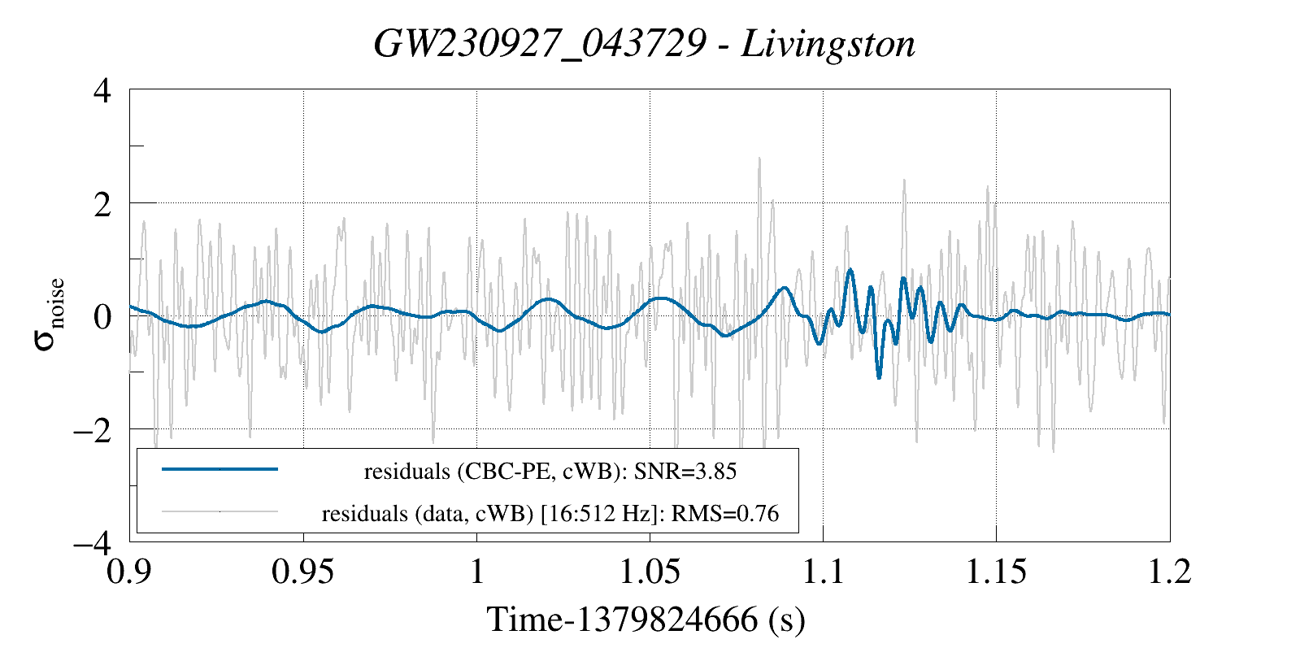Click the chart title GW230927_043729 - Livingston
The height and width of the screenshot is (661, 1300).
coord(644,44)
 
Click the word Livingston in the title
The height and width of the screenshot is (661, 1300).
coord(828,44)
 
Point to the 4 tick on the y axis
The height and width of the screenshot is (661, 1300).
coord(102,91)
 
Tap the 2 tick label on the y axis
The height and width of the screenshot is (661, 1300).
coord(102,205)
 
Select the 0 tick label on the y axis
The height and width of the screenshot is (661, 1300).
coord(102,317)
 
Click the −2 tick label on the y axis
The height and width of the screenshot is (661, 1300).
coord(93,430)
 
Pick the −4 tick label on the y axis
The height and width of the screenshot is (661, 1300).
coord(93,543)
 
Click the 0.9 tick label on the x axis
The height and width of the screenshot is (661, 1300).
coord(128,572)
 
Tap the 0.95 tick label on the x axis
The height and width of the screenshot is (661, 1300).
coord(303,572)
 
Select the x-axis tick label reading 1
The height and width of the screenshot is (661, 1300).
coord(476,572)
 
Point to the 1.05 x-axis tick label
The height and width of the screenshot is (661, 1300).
coord(650,572)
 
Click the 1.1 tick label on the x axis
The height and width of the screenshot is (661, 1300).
coord(823,572)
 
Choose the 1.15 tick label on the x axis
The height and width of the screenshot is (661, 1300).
coord(996,572)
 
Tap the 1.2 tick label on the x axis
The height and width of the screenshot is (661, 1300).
coord(1170,572)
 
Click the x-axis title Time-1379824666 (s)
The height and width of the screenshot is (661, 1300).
coord(646,620)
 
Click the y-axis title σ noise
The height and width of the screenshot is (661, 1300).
coord(50,315)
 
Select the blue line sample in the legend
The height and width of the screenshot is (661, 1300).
coord(220,469)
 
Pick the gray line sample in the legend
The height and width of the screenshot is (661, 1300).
coord(220,511)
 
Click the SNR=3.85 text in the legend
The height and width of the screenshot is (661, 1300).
coord(685,472)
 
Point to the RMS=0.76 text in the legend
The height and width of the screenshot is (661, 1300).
coord(725,514)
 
